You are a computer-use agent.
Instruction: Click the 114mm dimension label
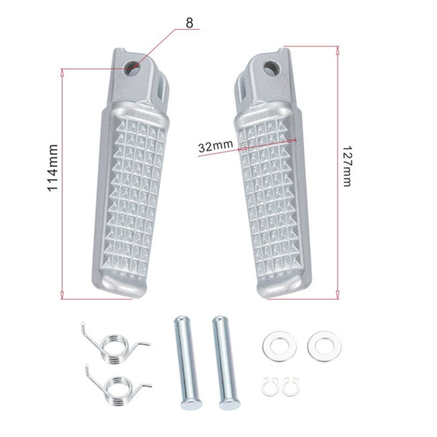53,168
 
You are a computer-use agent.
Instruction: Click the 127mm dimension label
348,165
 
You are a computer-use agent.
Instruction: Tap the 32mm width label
215,146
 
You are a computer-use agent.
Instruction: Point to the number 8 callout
190,23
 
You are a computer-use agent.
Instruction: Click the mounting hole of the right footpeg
272,68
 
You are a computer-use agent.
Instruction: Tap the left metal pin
188,362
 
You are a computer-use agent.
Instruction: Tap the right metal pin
225,362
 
